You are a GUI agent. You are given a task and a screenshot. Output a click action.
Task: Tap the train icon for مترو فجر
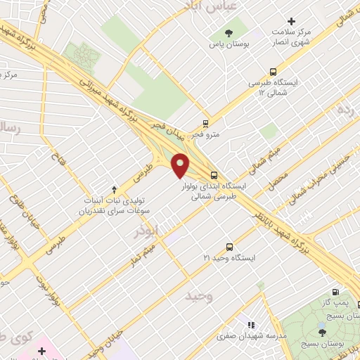[205, 122]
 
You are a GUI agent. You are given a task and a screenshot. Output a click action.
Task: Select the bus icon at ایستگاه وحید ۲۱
[229, 247]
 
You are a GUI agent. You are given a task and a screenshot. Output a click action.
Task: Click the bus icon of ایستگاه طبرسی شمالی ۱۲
[274, 71]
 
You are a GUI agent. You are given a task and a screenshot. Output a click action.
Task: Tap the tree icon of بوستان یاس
[228, 33]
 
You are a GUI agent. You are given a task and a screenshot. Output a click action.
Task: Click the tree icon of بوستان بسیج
[322, 333]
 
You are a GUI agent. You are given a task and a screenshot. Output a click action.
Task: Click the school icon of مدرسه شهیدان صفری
[250, 325]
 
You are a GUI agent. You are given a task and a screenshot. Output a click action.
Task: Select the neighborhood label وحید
[199, 296]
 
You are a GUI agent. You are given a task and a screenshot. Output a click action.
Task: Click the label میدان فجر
[169, 129]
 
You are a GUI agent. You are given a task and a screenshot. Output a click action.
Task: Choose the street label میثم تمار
[141, 255]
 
